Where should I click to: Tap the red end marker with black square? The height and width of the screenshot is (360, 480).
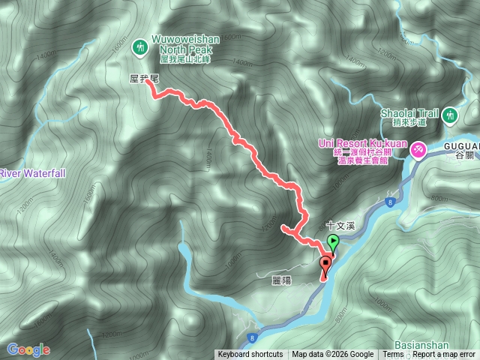tap(325, 263)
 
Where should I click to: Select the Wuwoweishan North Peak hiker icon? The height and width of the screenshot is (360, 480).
tap(139, 47)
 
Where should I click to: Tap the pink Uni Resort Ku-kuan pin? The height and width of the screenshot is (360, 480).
tap(417, 150)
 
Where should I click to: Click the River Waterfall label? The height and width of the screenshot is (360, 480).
tap(32, 173)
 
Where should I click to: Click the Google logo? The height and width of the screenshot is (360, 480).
tap(28, 349)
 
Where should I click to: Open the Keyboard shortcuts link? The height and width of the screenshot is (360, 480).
tap(250, 355)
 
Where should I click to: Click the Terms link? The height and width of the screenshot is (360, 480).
tap(393, 355)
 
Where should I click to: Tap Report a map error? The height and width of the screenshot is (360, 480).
tap(444, 355)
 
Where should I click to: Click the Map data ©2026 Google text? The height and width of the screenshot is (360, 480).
tap(333, 355)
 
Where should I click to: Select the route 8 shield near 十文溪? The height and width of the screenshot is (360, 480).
tap(390, 202)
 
